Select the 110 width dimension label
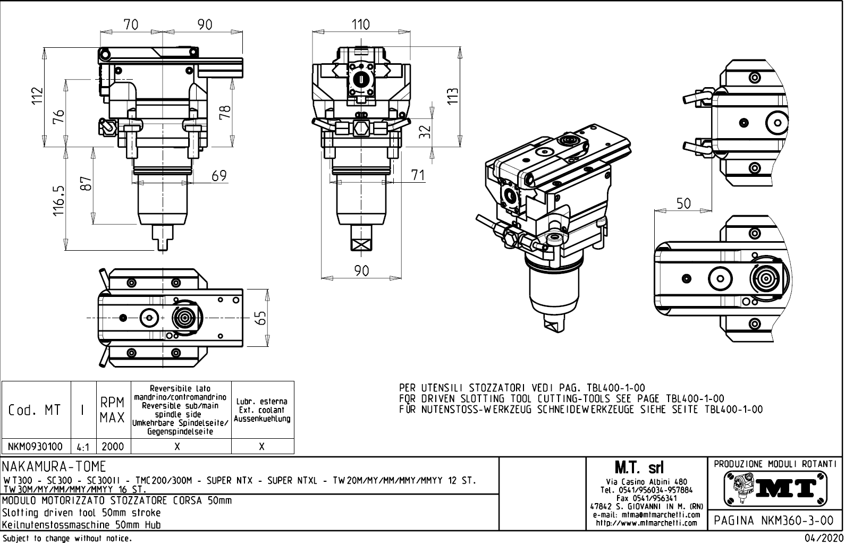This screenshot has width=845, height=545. (361, 24)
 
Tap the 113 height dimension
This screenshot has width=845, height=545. (453, 97)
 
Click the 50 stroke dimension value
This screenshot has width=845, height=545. (683, 203)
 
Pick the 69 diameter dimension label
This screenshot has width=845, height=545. (219, 175)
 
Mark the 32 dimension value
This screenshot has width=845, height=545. (424, 131)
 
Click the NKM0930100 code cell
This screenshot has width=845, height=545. (36, 447)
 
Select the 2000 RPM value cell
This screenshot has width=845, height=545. (113, 447)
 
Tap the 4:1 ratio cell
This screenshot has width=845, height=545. (83, 447)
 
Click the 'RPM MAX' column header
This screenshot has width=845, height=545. (113, 410)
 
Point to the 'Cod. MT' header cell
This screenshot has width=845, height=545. (35, 410)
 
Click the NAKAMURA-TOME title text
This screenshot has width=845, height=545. (55, 466)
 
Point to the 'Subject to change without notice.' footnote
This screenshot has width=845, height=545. (66, 539)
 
